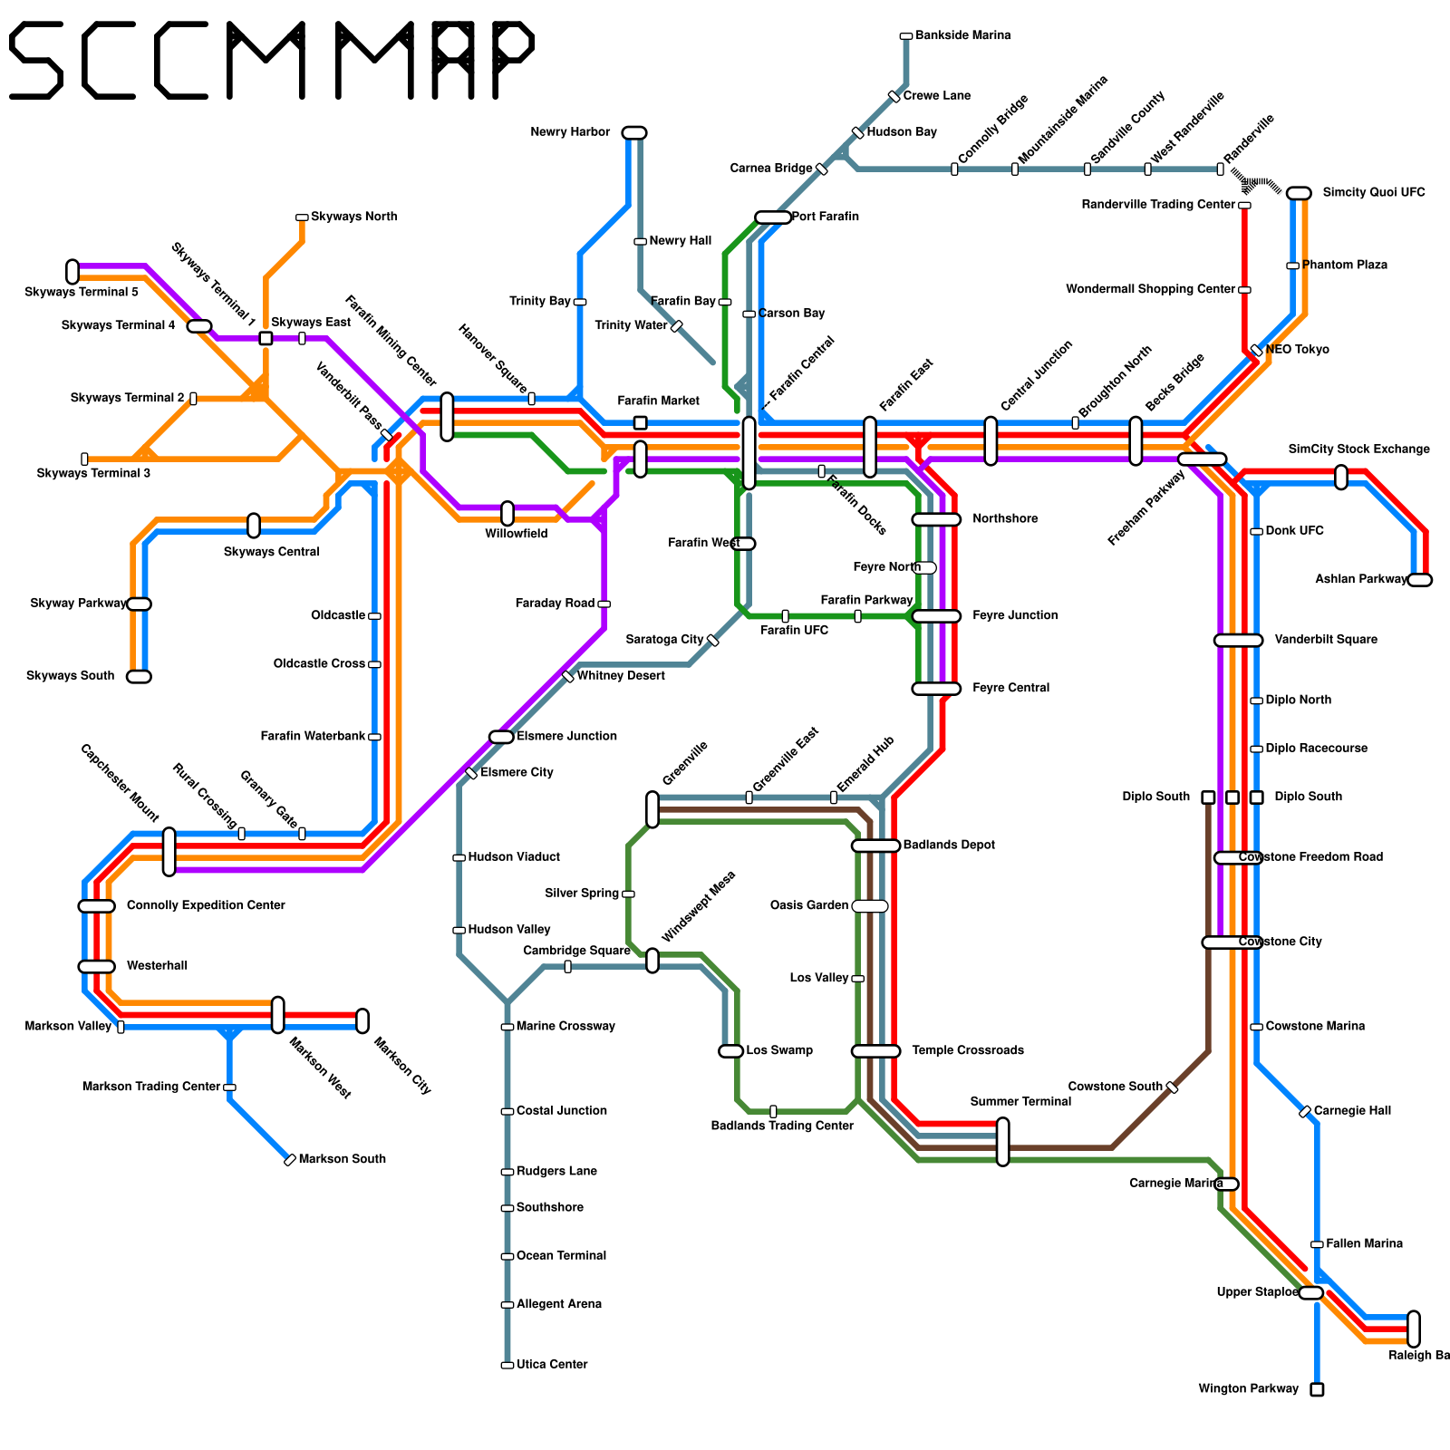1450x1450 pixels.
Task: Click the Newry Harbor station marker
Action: click(x=634, y=133)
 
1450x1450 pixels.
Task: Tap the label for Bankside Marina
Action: click(x=962, y=36)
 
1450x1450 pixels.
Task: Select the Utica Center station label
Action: click(x=552, y=1365)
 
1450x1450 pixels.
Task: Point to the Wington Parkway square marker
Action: click(x=1317, y=1389)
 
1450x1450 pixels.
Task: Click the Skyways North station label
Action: click(x=353, y=217)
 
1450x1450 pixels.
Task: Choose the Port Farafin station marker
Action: click(x=772, y=217)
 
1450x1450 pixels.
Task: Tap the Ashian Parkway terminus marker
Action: click(x=1420, y=580)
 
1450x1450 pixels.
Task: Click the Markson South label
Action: click(x=342, y=1159)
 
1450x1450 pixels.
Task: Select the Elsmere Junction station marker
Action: click(x=501, y=737)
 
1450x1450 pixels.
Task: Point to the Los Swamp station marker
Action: click(x=730, y=1051)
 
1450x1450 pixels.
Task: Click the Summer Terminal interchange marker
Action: click(x=1002, y=1142)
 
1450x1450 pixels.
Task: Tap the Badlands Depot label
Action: click(x=949, y=846)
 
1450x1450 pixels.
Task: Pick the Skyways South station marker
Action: click(x=139, y=677)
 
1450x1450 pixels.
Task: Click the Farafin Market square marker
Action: click(x=640, y=423)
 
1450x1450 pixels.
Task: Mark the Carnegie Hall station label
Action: click(x=1351, y=1111)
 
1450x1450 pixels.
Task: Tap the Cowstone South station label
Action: click(x=1115, y=1087)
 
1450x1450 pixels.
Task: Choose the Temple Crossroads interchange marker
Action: click(x=875, y=1051)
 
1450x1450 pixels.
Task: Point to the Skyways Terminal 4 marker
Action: click(x=199, y=326)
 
